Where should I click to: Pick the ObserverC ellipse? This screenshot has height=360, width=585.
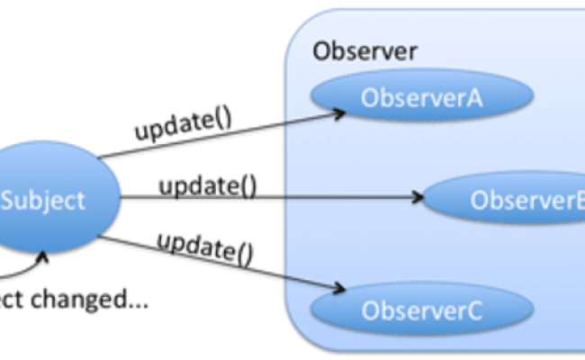coord(421,310)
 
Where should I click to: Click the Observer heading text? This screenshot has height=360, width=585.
coord(364,51)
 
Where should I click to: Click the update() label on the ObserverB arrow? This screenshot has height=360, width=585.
coord(208,188)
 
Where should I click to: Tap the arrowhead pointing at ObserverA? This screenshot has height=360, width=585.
coord(341,112)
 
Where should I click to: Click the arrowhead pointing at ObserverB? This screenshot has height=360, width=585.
coord(418,196)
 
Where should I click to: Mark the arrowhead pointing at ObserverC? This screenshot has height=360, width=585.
coord(340,288)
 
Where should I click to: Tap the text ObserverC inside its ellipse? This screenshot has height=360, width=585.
coord(421,311)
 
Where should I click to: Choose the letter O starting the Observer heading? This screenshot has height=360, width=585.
coord(319,51)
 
